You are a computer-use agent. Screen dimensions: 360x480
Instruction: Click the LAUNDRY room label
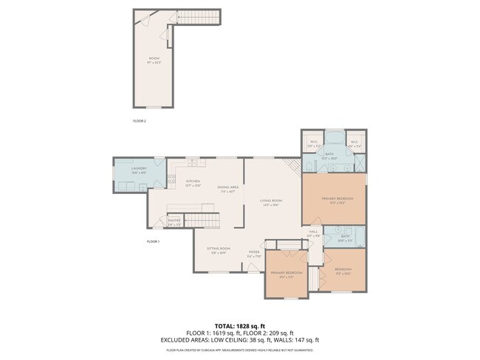point(139,170)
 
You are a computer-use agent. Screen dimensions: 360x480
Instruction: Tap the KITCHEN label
point(193,181)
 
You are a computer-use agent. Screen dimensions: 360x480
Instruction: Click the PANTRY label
point(174,221)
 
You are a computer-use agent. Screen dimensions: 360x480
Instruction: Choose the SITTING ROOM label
point(219,250)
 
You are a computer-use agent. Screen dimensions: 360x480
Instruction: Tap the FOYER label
point(254,253)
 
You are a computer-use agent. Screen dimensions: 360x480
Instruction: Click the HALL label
point(314,232)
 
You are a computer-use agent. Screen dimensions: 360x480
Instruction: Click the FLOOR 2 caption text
point(140,120)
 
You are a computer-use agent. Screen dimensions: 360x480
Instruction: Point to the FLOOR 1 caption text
point(153,241)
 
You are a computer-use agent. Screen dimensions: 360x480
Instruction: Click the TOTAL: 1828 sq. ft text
point(239,325)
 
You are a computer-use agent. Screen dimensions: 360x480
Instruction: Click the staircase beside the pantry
point(202,220)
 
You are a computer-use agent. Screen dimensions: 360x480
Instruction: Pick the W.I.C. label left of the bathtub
point(314,143)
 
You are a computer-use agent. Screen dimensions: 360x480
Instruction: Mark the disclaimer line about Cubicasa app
point(239,350)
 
